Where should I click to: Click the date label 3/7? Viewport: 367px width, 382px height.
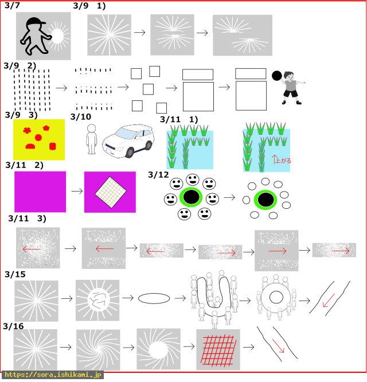[x=12, y=5]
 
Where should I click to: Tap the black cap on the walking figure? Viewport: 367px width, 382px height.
[x=36, y=22]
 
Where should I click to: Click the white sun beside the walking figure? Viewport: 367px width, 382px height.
[x=58, y=36]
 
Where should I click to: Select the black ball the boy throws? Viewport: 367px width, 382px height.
[x=276, y=76]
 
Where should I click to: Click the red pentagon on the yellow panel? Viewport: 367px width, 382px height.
[x=46, y=128]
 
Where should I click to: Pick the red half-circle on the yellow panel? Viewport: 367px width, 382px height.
[x=30, y=146]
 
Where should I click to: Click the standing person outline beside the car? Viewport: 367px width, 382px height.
[x=92, y=139]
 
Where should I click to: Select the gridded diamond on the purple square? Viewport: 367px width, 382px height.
[x=111, y=192]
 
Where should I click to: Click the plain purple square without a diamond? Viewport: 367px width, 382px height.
[x=40, y=192]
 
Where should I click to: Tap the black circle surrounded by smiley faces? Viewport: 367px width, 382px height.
[x=191, y=197]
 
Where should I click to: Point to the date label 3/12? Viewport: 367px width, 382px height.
[x=158, y=175]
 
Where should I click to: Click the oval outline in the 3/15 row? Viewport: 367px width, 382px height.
[x=154, y=298]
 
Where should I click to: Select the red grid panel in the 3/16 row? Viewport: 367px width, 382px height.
[x=218, y=350]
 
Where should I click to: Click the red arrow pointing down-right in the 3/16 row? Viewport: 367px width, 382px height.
[x=278, y=346]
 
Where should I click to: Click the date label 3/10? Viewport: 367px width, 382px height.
[x=81, y=117]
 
